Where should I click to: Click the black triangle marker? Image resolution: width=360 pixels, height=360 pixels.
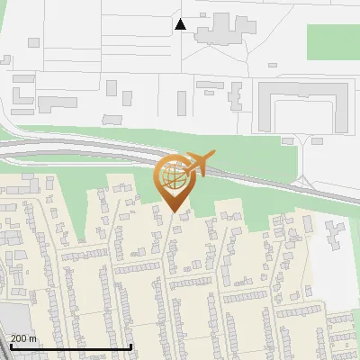click(x=181, y=24)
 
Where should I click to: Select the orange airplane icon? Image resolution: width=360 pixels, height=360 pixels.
click(x=199, y=163)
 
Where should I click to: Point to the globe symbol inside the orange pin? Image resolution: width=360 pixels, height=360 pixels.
click(x=172, y=176)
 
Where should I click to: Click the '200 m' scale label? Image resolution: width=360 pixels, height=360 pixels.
click(x=23, y=338)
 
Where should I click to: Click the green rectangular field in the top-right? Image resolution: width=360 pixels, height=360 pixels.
click(x=332, y=41)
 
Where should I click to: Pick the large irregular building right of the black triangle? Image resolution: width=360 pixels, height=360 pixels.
click(x=221, y=31)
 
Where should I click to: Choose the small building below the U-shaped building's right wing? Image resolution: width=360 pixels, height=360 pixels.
click(x=318, y=140)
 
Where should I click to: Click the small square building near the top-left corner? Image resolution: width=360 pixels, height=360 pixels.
click(x=33, y=42)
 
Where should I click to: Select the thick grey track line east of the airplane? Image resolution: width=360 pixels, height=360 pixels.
click(x=270, y=180)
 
